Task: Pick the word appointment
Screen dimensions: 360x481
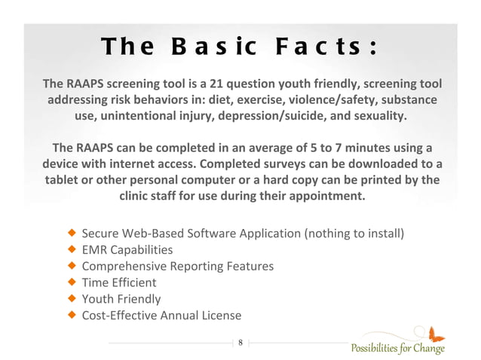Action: coord(329,197)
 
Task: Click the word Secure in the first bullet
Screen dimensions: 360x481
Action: coord(101,233)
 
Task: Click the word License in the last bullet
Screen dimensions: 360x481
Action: coord(221,316)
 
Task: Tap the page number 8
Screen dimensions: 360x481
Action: coord(240,343)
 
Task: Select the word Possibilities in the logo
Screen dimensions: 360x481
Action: coord(375,349)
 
